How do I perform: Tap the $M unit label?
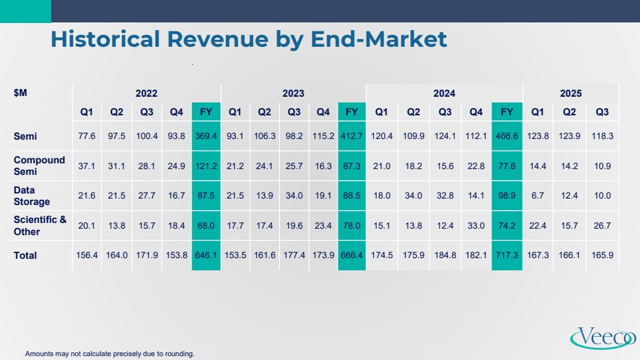click(21, 93)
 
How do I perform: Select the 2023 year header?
click(293, 94)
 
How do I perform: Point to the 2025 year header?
click(570, 94)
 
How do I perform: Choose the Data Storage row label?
click(31, 196)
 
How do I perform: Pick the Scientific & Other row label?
click(40, 225)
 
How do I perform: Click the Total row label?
click(26, 256)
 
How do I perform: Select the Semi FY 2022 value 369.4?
click(206, 136)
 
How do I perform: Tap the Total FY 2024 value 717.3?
click(507, 256)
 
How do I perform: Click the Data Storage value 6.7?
click(537, 196)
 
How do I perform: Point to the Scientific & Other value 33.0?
click(476, 225)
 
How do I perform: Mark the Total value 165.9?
click(602, 256)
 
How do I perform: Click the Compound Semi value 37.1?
click(86, 166)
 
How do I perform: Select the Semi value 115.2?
click(323, 136)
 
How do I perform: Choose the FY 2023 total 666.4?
click(352, 256)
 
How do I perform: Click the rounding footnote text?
click(110, 354)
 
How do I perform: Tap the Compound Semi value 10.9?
click(602, 166)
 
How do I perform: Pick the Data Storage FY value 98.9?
click(507, 196)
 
